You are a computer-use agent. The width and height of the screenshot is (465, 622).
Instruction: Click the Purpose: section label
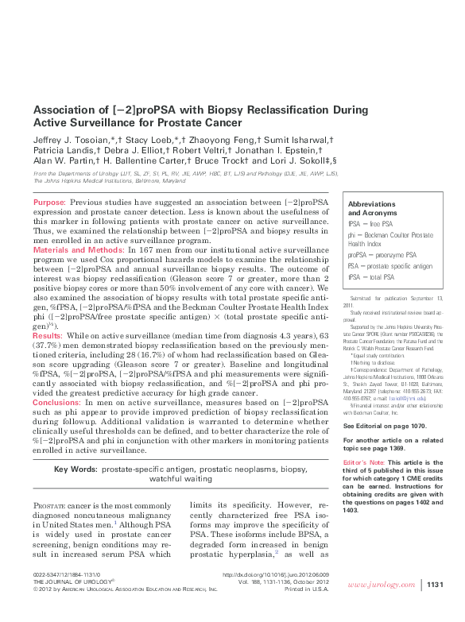click(50, 203)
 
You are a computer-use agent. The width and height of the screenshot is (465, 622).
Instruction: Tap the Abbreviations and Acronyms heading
click(372, 209)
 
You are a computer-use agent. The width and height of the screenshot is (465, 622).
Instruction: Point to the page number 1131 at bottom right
click(434, 607)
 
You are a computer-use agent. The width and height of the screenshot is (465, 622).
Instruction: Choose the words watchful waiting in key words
click(181, 479)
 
